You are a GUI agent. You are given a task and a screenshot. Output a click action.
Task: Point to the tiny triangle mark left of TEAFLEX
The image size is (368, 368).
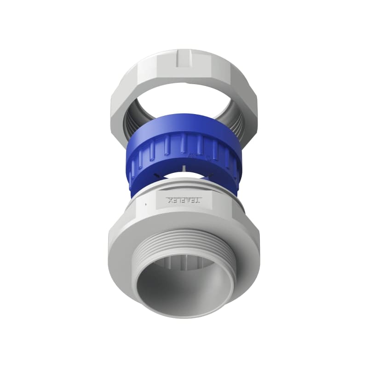145,202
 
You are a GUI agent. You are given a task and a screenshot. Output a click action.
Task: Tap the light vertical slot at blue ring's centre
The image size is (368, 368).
184,167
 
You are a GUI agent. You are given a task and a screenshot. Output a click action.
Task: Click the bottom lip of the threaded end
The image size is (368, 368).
184,315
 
